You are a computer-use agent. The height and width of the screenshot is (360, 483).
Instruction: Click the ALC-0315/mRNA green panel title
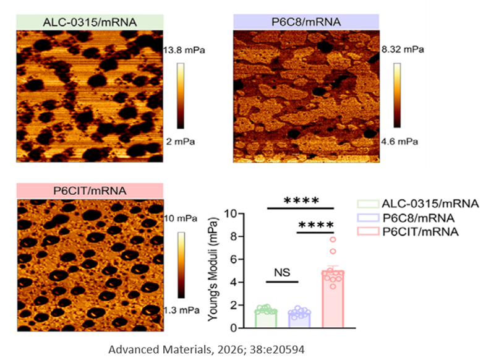tap(90, 22)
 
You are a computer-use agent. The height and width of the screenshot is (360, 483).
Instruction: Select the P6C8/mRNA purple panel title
tap(306, 22)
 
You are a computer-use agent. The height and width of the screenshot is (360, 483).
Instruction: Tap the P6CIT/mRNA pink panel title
tap(90, 191)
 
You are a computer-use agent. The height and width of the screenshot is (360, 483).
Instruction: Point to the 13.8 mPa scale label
tap(184, 50)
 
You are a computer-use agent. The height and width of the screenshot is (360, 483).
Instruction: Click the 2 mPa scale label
tap(181, 142)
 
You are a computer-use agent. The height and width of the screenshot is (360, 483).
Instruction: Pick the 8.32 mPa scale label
tap(403, 49)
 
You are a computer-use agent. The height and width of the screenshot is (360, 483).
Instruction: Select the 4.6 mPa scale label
tap(400, 142)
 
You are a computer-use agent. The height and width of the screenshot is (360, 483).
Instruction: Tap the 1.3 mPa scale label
tap(181, 310)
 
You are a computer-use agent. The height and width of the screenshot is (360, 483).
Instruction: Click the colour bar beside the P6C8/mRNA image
tap(397, 95)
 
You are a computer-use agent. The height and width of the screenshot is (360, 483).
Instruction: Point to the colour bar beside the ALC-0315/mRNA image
tap(181, 96)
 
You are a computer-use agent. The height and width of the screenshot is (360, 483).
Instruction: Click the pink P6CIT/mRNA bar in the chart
tap(333, 299)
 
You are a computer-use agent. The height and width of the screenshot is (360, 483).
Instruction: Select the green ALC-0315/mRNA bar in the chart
tap(266, 319)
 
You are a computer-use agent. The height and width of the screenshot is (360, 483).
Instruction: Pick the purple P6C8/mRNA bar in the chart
tap(299, 320)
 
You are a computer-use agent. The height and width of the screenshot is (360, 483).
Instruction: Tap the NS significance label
tap(282, 272)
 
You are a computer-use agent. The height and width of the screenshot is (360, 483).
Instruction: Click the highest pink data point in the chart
tap(333, 239)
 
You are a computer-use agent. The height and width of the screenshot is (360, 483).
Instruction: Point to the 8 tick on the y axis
tap(234, 236)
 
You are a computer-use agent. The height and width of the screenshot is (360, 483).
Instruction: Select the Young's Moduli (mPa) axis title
tap(213, 270)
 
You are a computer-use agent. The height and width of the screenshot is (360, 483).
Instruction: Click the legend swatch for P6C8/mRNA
tap(368, 218)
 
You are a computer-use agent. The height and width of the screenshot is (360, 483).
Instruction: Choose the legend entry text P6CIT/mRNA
tap(420, 232)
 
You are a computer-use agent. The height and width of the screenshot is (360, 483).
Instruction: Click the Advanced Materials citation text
tap(207, 349)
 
